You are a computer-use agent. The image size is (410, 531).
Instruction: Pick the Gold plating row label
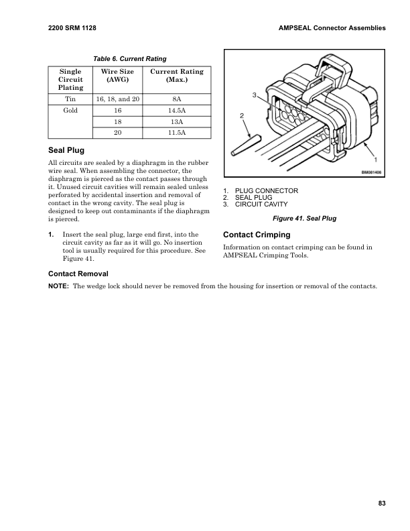tap(71, 110)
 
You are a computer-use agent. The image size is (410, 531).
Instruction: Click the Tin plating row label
tap(71, 99)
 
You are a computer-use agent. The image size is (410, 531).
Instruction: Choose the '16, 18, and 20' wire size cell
tap(118, 99)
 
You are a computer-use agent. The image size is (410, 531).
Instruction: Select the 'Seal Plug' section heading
tap(66, 150)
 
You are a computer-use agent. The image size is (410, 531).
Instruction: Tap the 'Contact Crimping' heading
tap(256, 235)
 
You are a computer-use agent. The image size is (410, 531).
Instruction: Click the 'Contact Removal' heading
tap(78, 274)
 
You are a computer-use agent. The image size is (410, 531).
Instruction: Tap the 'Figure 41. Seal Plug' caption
tap(303, 219)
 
